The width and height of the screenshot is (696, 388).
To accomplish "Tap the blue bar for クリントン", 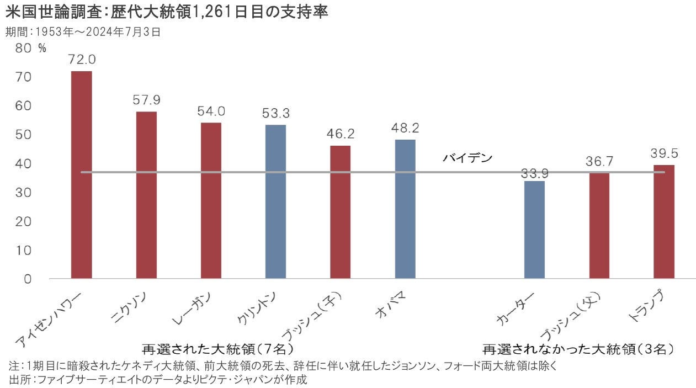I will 275,201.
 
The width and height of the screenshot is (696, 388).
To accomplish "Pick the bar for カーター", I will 534,230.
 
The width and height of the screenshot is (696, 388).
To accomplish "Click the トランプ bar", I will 663,221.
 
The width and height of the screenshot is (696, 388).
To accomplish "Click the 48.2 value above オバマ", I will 405,128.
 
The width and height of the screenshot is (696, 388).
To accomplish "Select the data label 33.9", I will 534,174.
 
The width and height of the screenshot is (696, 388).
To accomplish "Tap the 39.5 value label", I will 663,153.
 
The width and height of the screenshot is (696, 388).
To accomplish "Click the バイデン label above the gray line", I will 467,158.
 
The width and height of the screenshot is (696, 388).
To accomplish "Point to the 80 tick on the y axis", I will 24,48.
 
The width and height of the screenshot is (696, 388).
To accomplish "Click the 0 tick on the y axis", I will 28,279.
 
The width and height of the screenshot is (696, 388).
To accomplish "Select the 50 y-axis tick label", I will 24,135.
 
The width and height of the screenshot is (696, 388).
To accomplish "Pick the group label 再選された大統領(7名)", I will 217,349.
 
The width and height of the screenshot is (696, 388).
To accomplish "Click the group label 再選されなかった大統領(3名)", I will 579,349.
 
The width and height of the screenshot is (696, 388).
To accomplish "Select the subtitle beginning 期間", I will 83,32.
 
